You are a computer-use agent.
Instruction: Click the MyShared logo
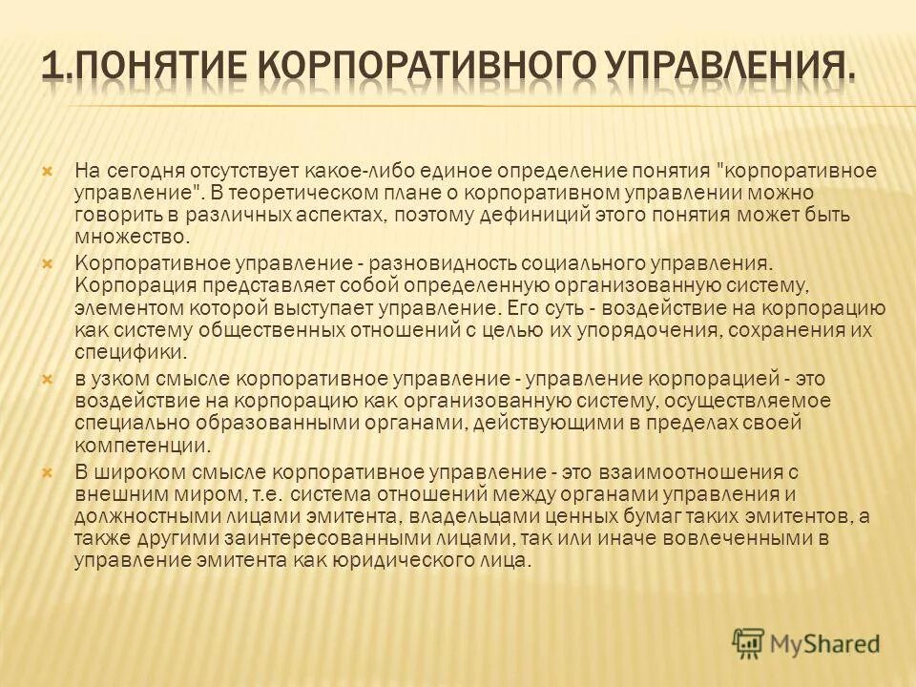click(805, 642)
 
